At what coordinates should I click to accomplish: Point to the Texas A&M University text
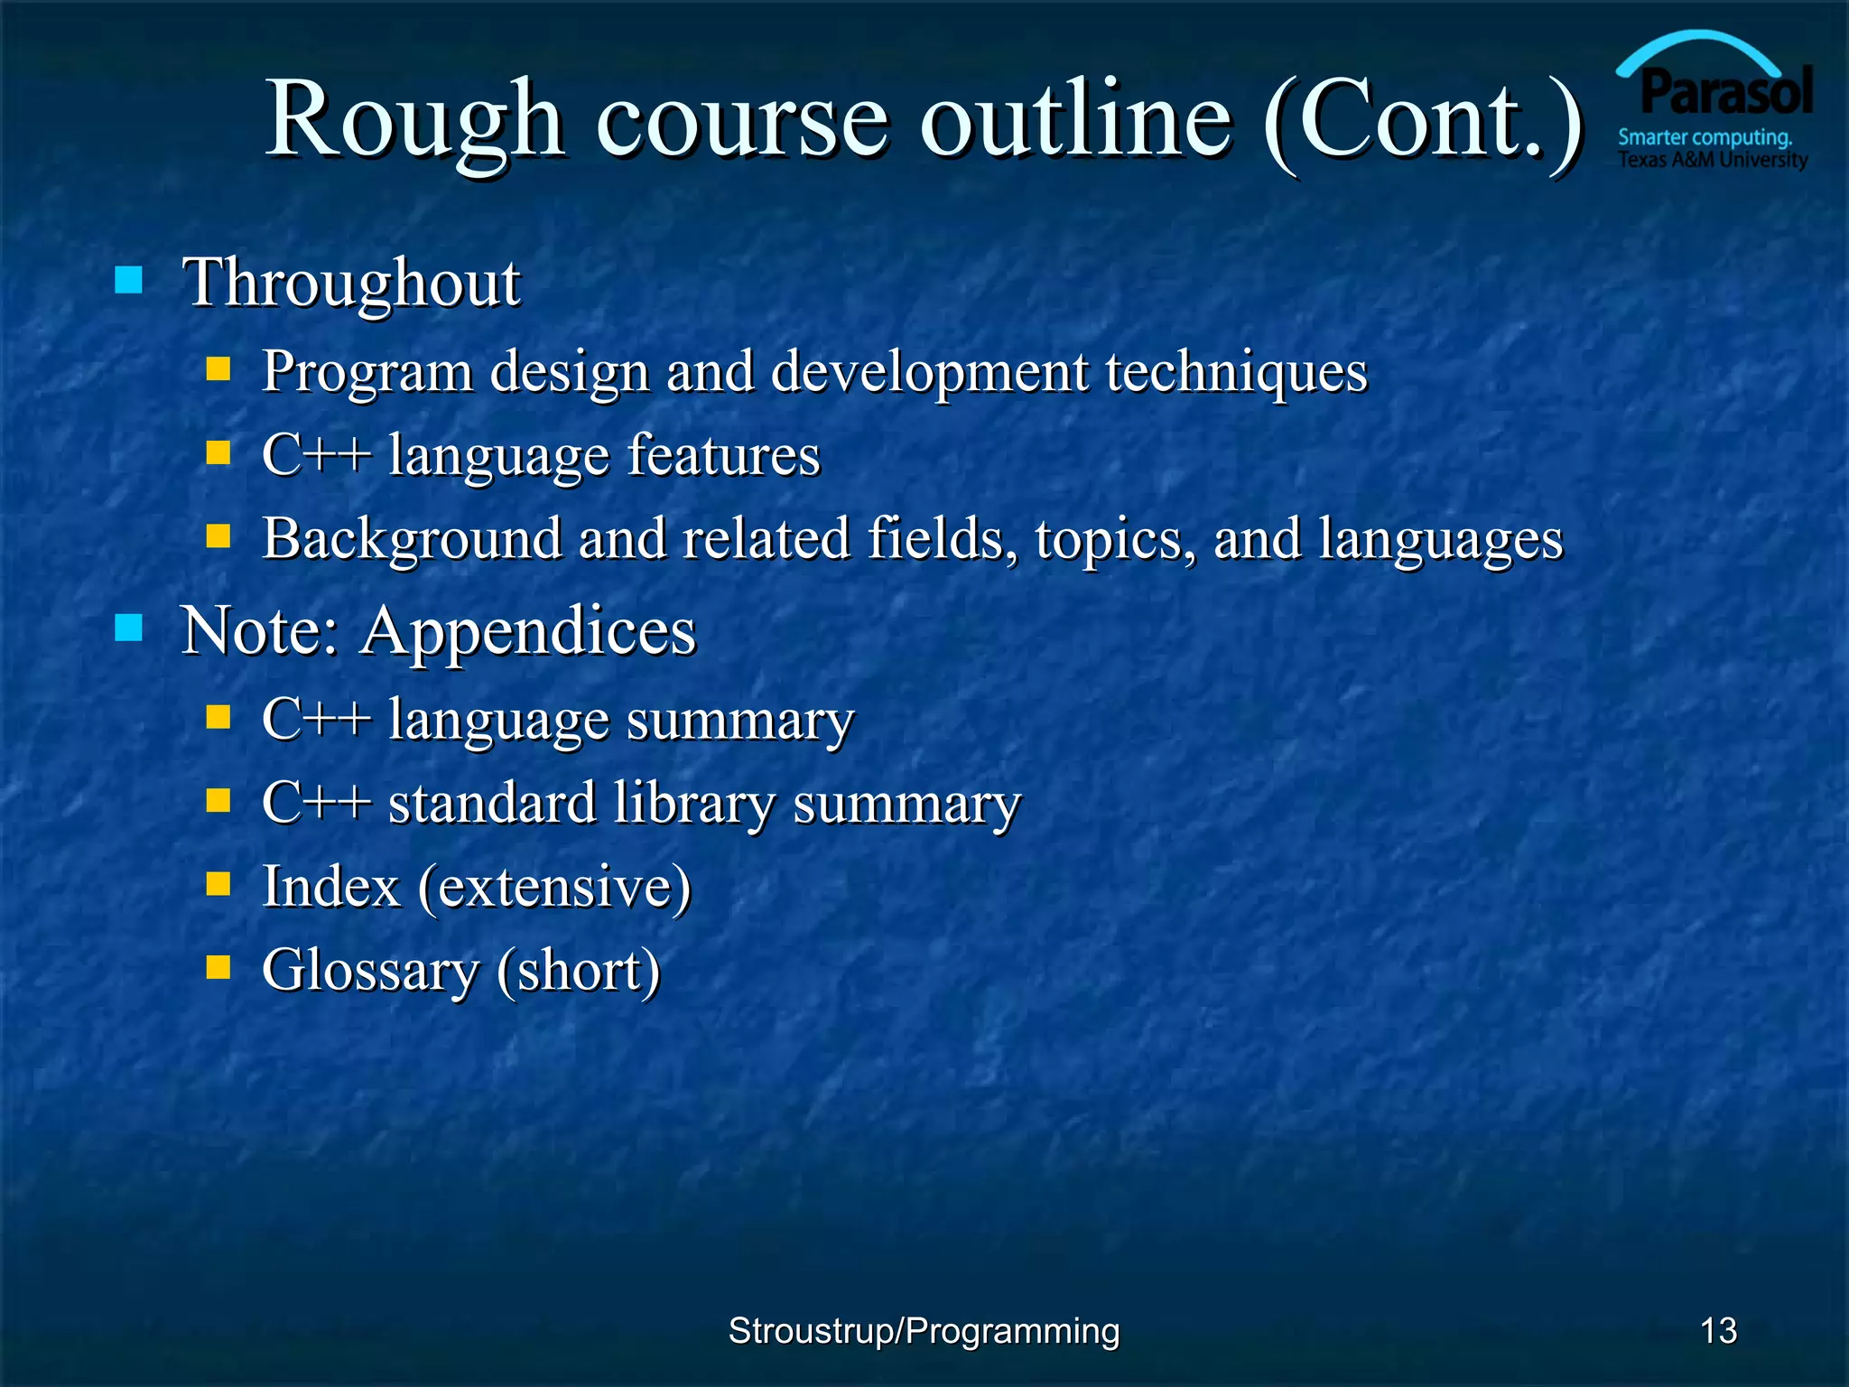[1713, 161]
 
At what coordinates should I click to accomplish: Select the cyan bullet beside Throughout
[129, 280]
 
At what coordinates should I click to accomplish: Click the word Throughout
[351, 283]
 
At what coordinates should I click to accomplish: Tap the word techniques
[1236, 371]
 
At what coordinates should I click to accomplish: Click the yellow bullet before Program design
[218, 368]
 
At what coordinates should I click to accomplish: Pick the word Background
[412, 539]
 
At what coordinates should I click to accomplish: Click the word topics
[1116, 539]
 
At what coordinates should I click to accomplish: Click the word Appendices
[529, 630]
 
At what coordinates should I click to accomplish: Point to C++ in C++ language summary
[316, 720]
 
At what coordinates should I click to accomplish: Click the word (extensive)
[554, 887]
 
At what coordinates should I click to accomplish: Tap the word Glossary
[370, 971]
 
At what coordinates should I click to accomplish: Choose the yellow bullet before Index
[218, 883]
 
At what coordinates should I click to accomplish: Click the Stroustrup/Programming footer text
[924, 1331]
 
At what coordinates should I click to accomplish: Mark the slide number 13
[1718, 1331]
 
